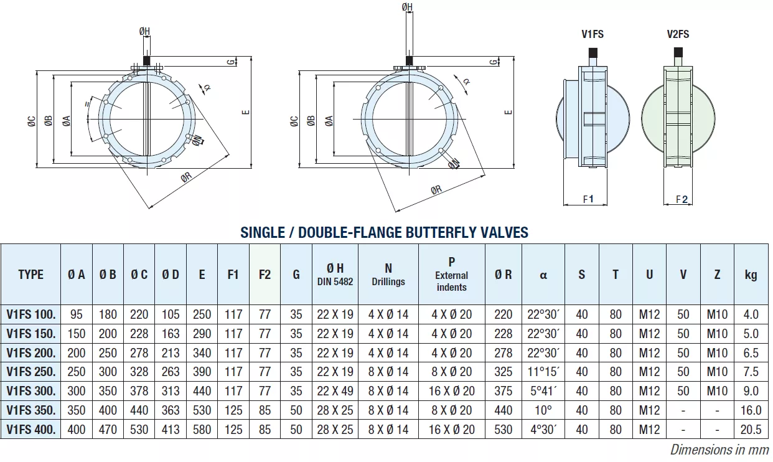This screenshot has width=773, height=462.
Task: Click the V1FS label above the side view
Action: coord(593,34)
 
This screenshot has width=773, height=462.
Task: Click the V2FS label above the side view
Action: coord(678,34)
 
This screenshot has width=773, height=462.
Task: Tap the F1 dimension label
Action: coord(588,199)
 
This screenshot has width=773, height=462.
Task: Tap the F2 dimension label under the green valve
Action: coord(682,199)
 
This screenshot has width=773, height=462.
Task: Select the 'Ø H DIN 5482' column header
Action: coord(335,275)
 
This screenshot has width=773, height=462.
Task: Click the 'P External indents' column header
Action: coord(451,274)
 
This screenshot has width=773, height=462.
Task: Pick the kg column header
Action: coord(751,275)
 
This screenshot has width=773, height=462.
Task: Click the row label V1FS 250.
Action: coord(31,372)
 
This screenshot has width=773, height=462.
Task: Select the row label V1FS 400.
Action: coord(31,429)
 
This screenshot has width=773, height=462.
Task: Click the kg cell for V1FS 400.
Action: coord(751,429)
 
